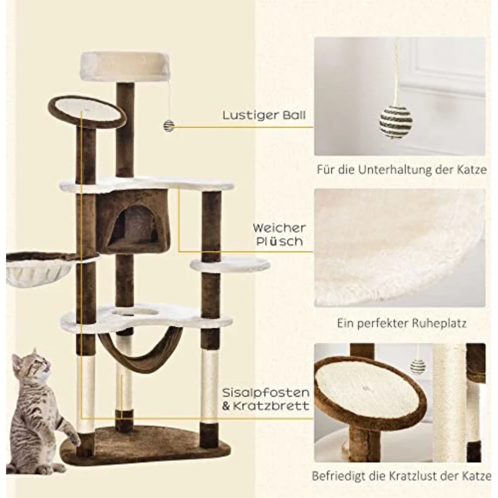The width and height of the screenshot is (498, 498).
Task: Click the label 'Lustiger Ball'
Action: (x=264, y=115)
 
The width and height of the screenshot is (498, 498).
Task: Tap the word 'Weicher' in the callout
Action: (x=279, y=228)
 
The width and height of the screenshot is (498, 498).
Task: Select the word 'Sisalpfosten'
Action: (x=266, y=392)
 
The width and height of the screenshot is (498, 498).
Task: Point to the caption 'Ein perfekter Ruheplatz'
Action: (x=401, y=323)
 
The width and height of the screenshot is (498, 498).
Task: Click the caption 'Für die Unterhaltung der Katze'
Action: (x=401, y=169)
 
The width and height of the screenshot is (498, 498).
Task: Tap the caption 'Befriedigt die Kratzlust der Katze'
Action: (x=401, y=476)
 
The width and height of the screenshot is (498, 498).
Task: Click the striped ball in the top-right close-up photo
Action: (x=395, y=121)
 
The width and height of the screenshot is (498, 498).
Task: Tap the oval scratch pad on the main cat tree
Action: (x=87, y=109)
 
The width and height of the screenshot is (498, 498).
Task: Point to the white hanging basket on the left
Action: (x=39, y=270)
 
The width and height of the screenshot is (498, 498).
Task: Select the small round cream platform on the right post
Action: (x=230, y=265)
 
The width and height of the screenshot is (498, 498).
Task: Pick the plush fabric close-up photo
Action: (x=399, y=248)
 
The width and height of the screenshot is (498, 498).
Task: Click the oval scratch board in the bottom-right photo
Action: (x=369, y=388)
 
